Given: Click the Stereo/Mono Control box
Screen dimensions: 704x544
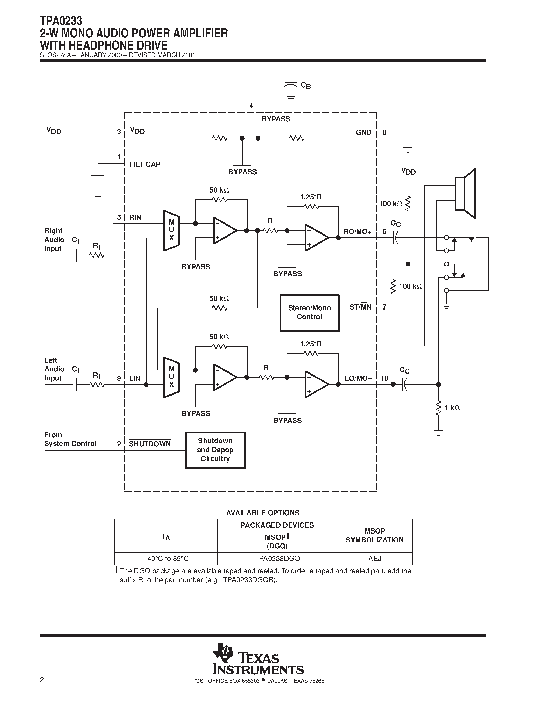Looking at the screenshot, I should pyautogui.click(x=310, y=313).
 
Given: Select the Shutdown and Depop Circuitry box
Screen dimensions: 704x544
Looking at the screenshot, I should pyautogui.click(x=215, y=450).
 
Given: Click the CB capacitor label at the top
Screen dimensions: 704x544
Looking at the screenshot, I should pyautogui.click(x=305, y=86).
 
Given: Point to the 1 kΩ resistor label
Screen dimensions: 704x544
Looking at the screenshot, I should pyautogui.click(x=452, y=408).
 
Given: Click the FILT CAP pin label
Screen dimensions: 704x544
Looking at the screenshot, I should pyautogui.click(x=145, y=164).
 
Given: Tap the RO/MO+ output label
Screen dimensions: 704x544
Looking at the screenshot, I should pyautogui.click(x=357, y=232).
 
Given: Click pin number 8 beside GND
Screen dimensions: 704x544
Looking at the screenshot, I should pyautogui.click(x=384, y=132).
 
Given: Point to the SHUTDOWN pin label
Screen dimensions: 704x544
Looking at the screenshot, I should pyautogui.click(x=150, y=444).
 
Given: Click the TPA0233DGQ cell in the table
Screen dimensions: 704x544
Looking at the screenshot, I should pyautogui.click(x=277, y=558).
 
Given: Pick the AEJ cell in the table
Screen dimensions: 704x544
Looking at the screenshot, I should pyautogui.click(x=375, y=558).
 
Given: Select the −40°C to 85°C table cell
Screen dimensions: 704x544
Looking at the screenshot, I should pyautogui.click(x=166, y=558).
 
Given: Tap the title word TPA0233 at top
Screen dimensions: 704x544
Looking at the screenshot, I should pyautogui.click(x=61, y=21).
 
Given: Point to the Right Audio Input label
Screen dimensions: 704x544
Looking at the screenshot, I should pyautogui.click(x=54, y=240).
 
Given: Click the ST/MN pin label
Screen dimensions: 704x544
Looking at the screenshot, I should pyautogui.click(x=360, y=307).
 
